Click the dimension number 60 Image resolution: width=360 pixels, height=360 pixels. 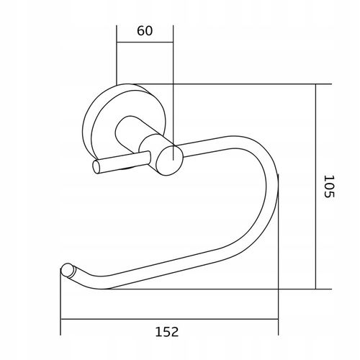145,31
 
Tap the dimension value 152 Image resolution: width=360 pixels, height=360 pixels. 167,332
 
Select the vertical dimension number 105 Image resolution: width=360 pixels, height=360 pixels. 329,186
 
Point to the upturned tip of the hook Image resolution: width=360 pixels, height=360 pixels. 68,270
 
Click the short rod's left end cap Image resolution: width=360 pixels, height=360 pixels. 96,167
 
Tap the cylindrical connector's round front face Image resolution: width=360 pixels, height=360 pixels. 169,161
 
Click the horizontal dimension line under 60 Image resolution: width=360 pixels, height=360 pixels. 145,42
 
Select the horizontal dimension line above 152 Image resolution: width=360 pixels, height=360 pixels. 169,319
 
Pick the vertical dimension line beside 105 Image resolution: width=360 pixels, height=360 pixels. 316,186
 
